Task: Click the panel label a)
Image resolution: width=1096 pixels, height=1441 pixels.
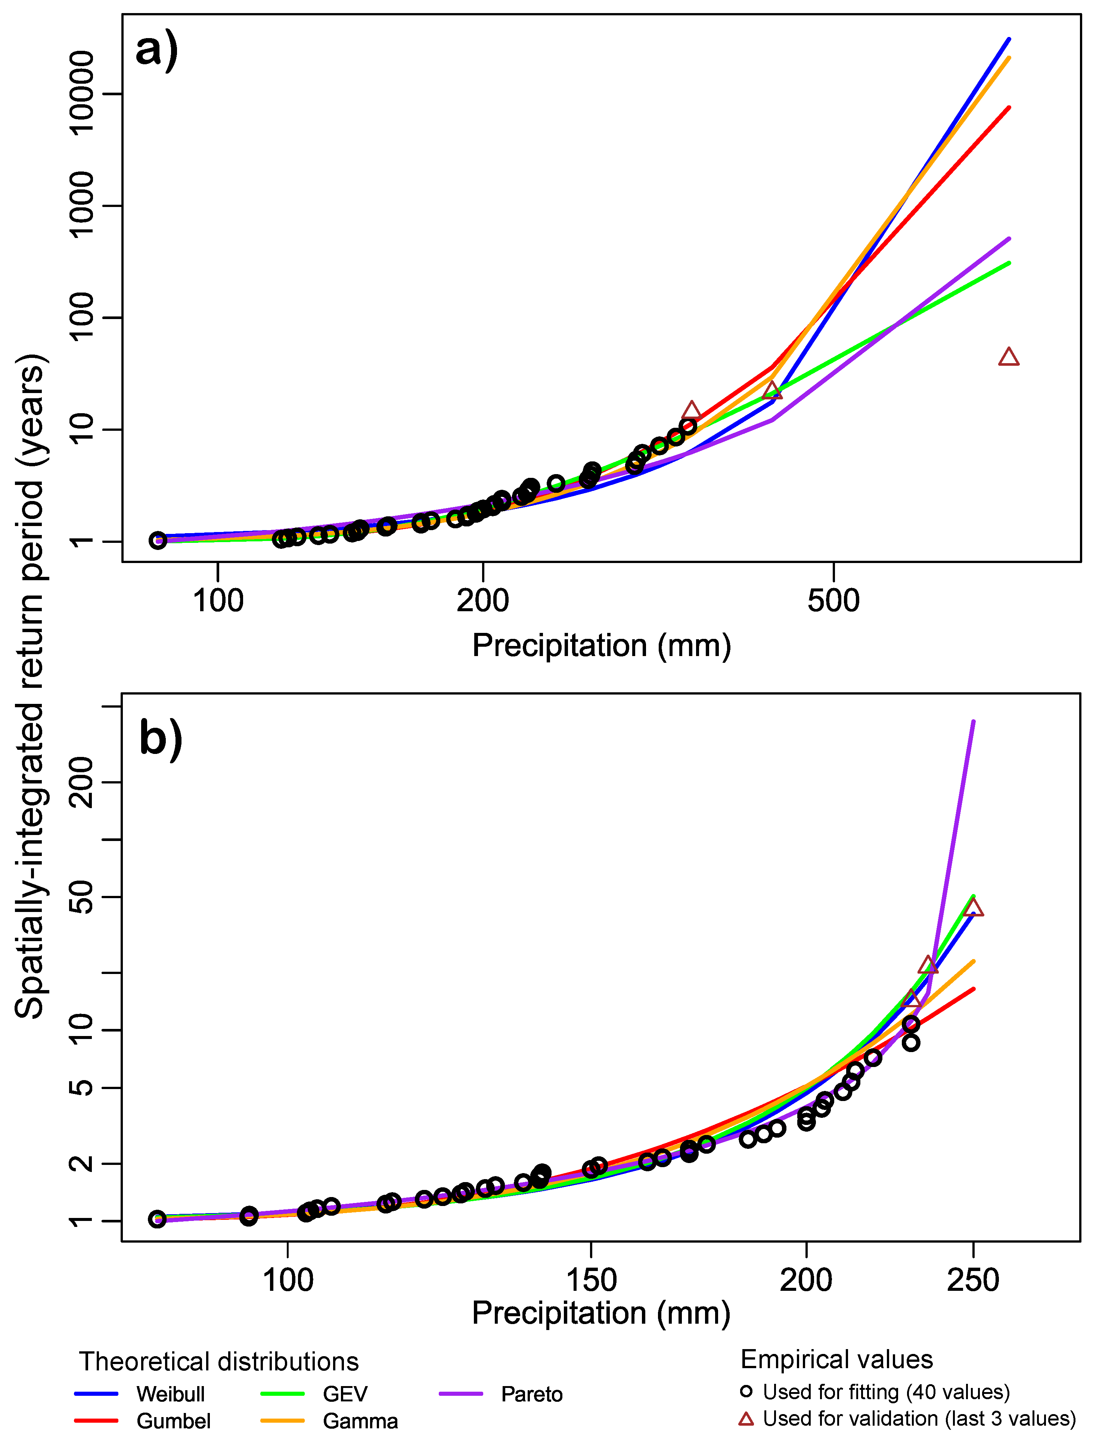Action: pyautogui.click(x=156, y=50)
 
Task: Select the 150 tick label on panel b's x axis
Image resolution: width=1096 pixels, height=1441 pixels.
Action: pyautogui.click(x=591, y=1280)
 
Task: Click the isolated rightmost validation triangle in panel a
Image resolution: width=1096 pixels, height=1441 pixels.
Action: pyautogui.click(x=1009, y=358)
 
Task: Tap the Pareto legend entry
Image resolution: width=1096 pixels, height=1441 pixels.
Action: pyautogui.click(x=532, y=1394)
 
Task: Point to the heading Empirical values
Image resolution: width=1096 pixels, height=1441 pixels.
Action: pyautogui.click(x=836, y=1360)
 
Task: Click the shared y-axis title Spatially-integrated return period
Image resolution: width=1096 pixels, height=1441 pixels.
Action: pyautogui.click(x=30, y=685)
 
